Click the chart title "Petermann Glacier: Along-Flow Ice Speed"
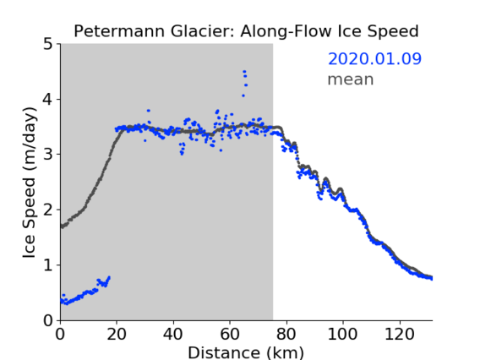[x=246, y=31]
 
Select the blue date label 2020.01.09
[x=374, y=59]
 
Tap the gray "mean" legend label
[x=351, y=79]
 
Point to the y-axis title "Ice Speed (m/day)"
[x=30, y=183]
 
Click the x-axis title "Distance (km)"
[x=246, y=352]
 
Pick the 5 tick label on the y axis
[x=48, y=45]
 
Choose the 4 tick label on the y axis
[x=48, y=100]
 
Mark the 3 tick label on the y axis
[x=48, y=155]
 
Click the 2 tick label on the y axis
[x=48, y=210]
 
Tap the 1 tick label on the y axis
[x=48, y=265]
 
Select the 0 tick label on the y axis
[x=48, y=320]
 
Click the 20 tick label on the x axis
[x=117, y=334]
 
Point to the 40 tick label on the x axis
[x=173, y=334]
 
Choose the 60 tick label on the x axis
[x=230, y=334]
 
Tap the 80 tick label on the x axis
[x=286, y=334]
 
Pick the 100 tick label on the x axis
[x=342, y=334]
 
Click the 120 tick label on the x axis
[x=399, y=334]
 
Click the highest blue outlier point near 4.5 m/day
[x=244, y=72]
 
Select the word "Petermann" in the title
[x=120, y=31]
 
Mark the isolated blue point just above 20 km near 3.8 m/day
[x=149, y=111]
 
